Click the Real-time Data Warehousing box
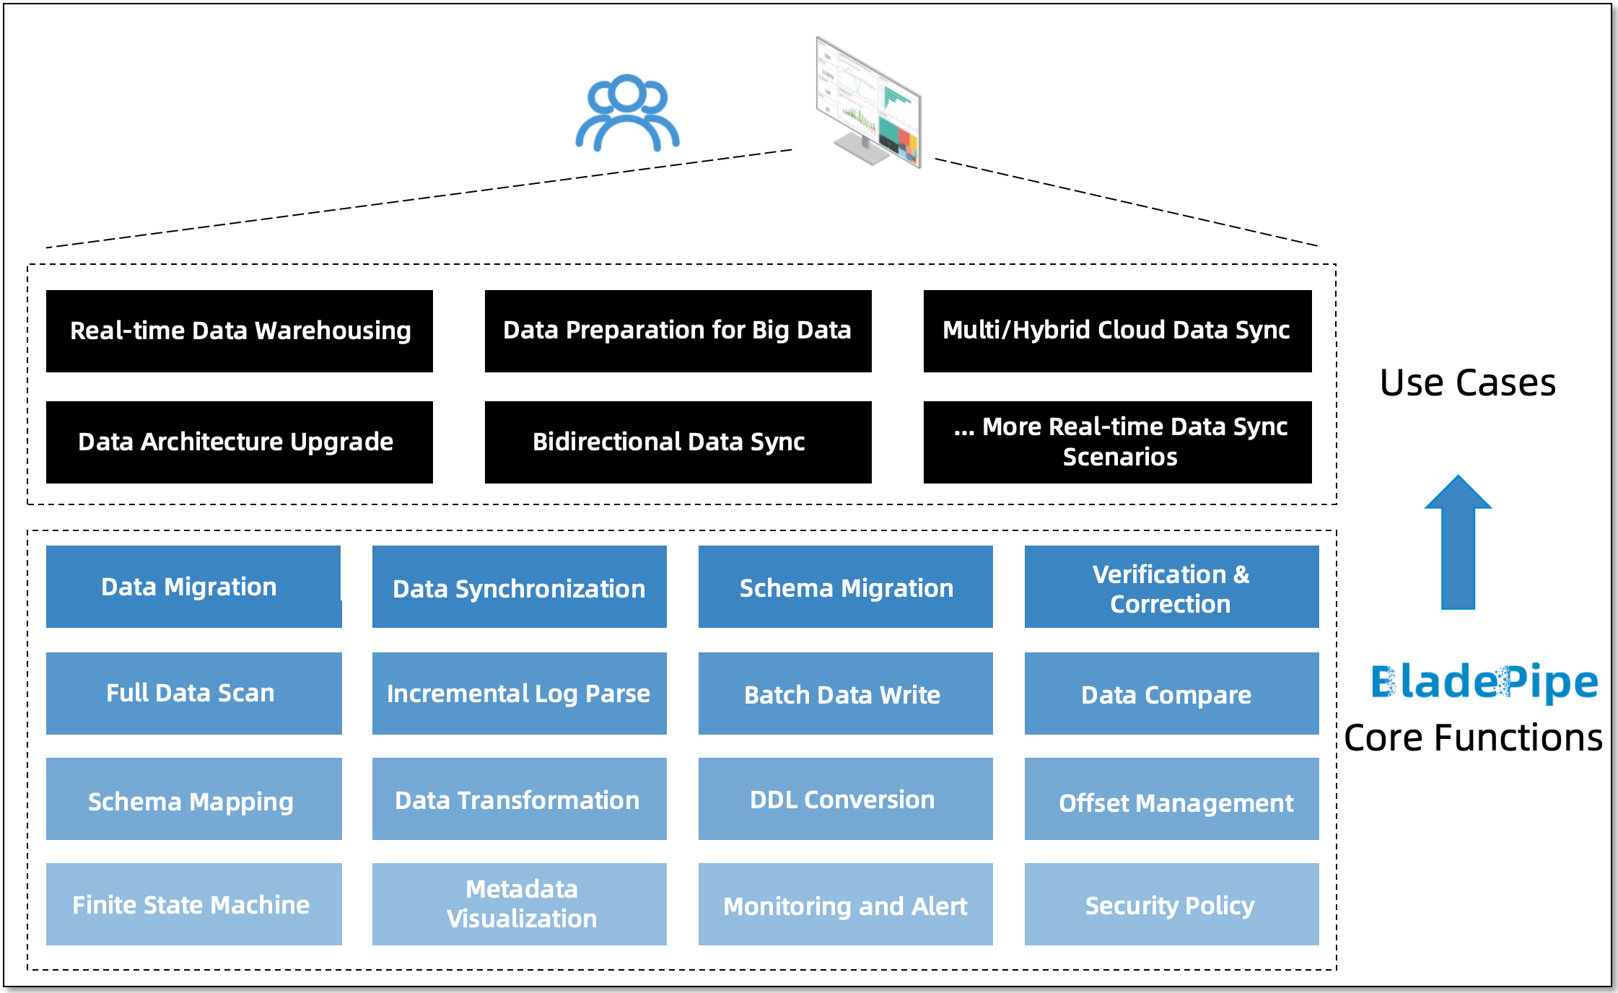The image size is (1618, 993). (239, 331)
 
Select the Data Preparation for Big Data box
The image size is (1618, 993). (678, 331)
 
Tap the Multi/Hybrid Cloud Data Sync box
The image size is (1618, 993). (1117, 331)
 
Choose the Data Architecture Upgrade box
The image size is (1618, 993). (239, 442)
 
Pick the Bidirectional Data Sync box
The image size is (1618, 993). (678, 442)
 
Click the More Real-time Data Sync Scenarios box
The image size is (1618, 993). (1117, 442)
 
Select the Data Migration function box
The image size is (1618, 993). (193, 587)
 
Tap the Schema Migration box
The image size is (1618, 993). (845, 587)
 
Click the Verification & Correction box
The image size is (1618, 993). (1171, 587)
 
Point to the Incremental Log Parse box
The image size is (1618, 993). (519, 694)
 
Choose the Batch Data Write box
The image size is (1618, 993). (845, 694)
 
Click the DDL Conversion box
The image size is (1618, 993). (845, 799)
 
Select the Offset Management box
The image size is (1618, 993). (1171, 799)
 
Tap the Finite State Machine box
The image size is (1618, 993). (193, 904)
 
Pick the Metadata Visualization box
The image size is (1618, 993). (519, 904)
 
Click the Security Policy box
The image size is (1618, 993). (1171, 904)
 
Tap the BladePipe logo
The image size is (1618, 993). (1484, 682)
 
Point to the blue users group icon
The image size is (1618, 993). (626, 113)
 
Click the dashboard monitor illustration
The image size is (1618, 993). (869, 102)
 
